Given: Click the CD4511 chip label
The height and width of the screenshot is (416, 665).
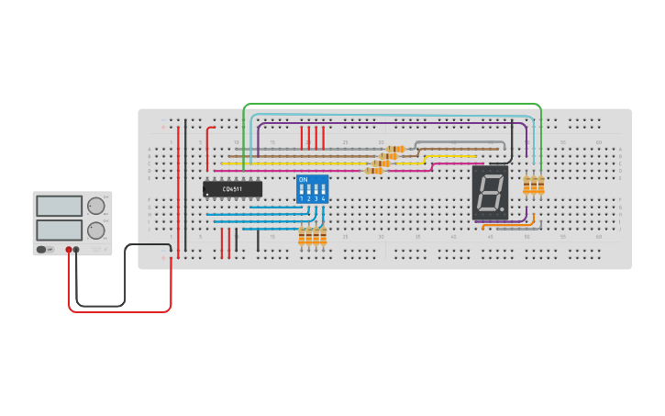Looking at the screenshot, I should point(232,189).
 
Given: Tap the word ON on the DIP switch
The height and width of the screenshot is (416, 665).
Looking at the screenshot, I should point(304,180).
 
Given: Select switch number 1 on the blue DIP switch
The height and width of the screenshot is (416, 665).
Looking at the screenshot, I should point(302,191).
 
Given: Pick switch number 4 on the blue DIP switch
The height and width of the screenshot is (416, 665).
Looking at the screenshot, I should point(324,191).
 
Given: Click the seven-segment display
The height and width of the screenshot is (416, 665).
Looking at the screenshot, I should point(490,193).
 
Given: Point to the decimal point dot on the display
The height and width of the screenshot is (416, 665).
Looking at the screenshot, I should point(503,210).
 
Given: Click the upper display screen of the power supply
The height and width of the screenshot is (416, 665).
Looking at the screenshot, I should point(60,205).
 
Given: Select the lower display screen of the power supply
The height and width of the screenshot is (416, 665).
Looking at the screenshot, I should point(60,229).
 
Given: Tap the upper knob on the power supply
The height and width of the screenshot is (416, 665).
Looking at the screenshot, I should point(95,206).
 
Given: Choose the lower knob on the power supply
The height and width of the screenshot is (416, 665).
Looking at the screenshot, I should point(95,230).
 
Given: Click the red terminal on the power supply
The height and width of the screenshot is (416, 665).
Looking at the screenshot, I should point(69,249).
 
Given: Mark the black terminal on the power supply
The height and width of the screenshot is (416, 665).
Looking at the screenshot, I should point(76,249).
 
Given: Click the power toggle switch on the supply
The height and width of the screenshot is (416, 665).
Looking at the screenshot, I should point(41,249).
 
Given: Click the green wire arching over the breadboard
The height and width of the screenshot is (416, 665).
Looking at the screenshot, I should point(394,105).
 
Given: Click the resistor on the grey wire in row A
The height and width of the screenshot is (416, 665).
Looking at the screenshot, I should point(395,149).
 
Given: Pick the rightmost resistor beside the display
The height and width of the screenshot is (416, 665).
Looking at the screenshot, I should point(540,186).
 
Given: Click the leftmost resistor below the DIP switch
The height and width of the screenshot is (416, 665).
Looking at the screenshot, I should point(302,237).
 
